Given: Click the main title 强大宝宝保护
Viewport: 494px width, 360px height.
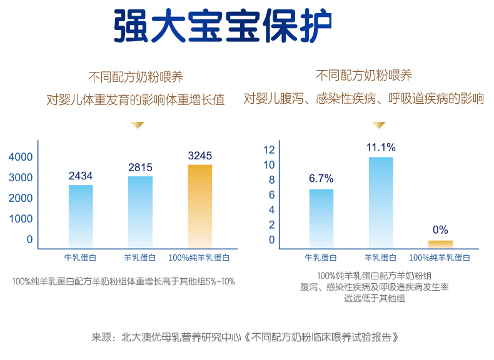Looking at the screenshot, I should coord(223,26).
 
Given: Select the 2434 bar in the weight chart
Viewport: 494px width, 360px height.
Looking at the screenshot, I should coord(81,215).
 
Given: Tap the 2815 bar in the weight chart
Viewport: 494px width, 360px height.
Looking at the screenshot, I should coord(140,211).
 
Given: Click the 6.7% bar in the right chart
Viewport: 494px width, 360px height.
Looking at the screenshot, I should coord(321,217).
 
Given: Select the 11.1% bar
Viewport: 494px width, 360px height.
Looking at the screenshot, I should coord(381,201).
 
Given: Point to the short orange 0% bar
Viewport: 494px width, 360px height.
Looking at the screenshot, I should coord(440,243).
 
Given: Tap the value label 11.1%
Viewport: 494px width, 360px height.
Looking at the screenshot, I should coord(381,147).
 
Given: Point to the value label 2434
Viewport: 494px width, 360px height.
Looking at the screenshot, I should coord(81,176).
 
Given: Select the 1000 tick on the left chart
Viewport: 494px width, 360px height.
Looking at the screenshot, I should coord(21,219).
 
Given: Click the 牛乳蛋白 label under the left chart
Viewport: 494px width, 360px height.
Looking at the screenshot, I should coord(81,257).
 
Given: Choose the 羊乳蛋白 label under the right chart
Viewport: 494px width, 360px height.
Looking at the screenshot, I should coord(381,257).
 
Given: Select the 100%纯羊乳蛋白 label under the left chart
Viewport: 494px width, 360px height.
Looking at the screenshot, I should coord(199,257).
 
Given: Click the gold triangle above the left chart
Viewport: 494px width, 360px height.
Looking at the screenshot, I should coord(136,125).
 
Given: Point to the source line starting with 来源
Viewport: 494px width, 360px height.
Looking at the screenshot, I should coord(245,337).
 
